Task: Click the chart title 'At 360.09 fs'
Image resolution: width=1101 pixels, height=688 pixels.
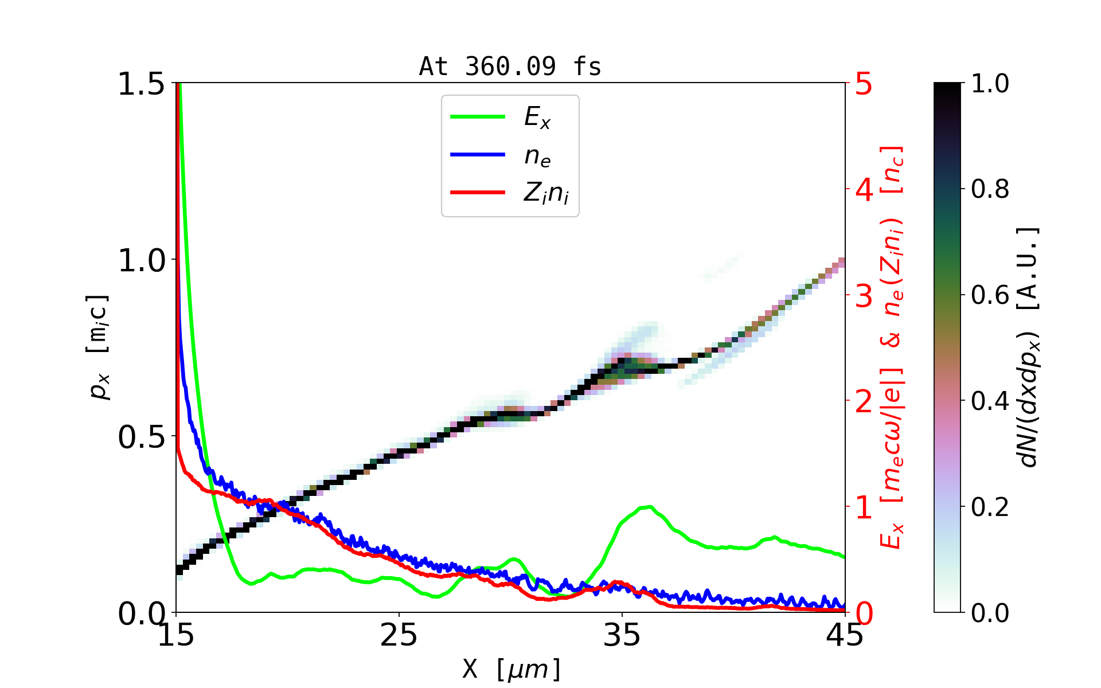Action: [510, 67]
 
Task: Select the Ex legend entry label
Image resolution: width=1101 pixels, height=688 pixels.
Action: [537, 118]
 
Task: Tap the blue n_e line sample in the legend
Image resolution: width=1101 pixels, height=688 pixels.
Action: [478, 155]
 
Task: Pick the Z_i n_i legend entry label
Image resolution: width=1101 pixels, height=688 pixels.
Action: [546, 194]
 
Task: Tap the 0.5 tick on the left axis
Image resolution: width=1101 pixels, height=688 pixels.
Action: [141, 437]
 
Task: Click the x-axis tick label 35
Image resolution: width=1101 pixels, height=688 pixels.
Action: [622, 635]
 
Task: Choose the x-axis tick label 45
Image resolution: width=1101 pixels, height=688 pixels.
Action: [845, 635]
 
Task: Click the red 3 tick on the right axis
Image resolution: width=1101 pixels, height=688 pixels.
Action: [864, 296]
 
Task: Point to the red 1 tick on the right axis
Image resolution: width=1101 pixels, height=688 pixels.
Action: [864, 507]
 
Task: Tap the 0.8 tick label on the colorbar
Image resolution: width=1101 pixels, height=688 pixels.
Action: [990, 189]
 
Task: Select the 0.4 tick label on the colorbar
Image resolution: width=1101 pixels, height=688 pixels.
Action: [990, 401]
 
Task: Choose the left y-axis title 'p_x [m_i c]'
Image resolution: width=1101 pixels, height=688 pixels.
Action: [98, 347]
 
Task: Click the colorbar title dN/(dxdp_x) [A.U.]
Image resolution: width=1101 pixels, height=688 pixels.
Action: [1029, 347]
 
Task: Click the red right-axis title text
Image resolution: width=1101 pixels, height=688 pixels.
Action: [892, 347]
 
